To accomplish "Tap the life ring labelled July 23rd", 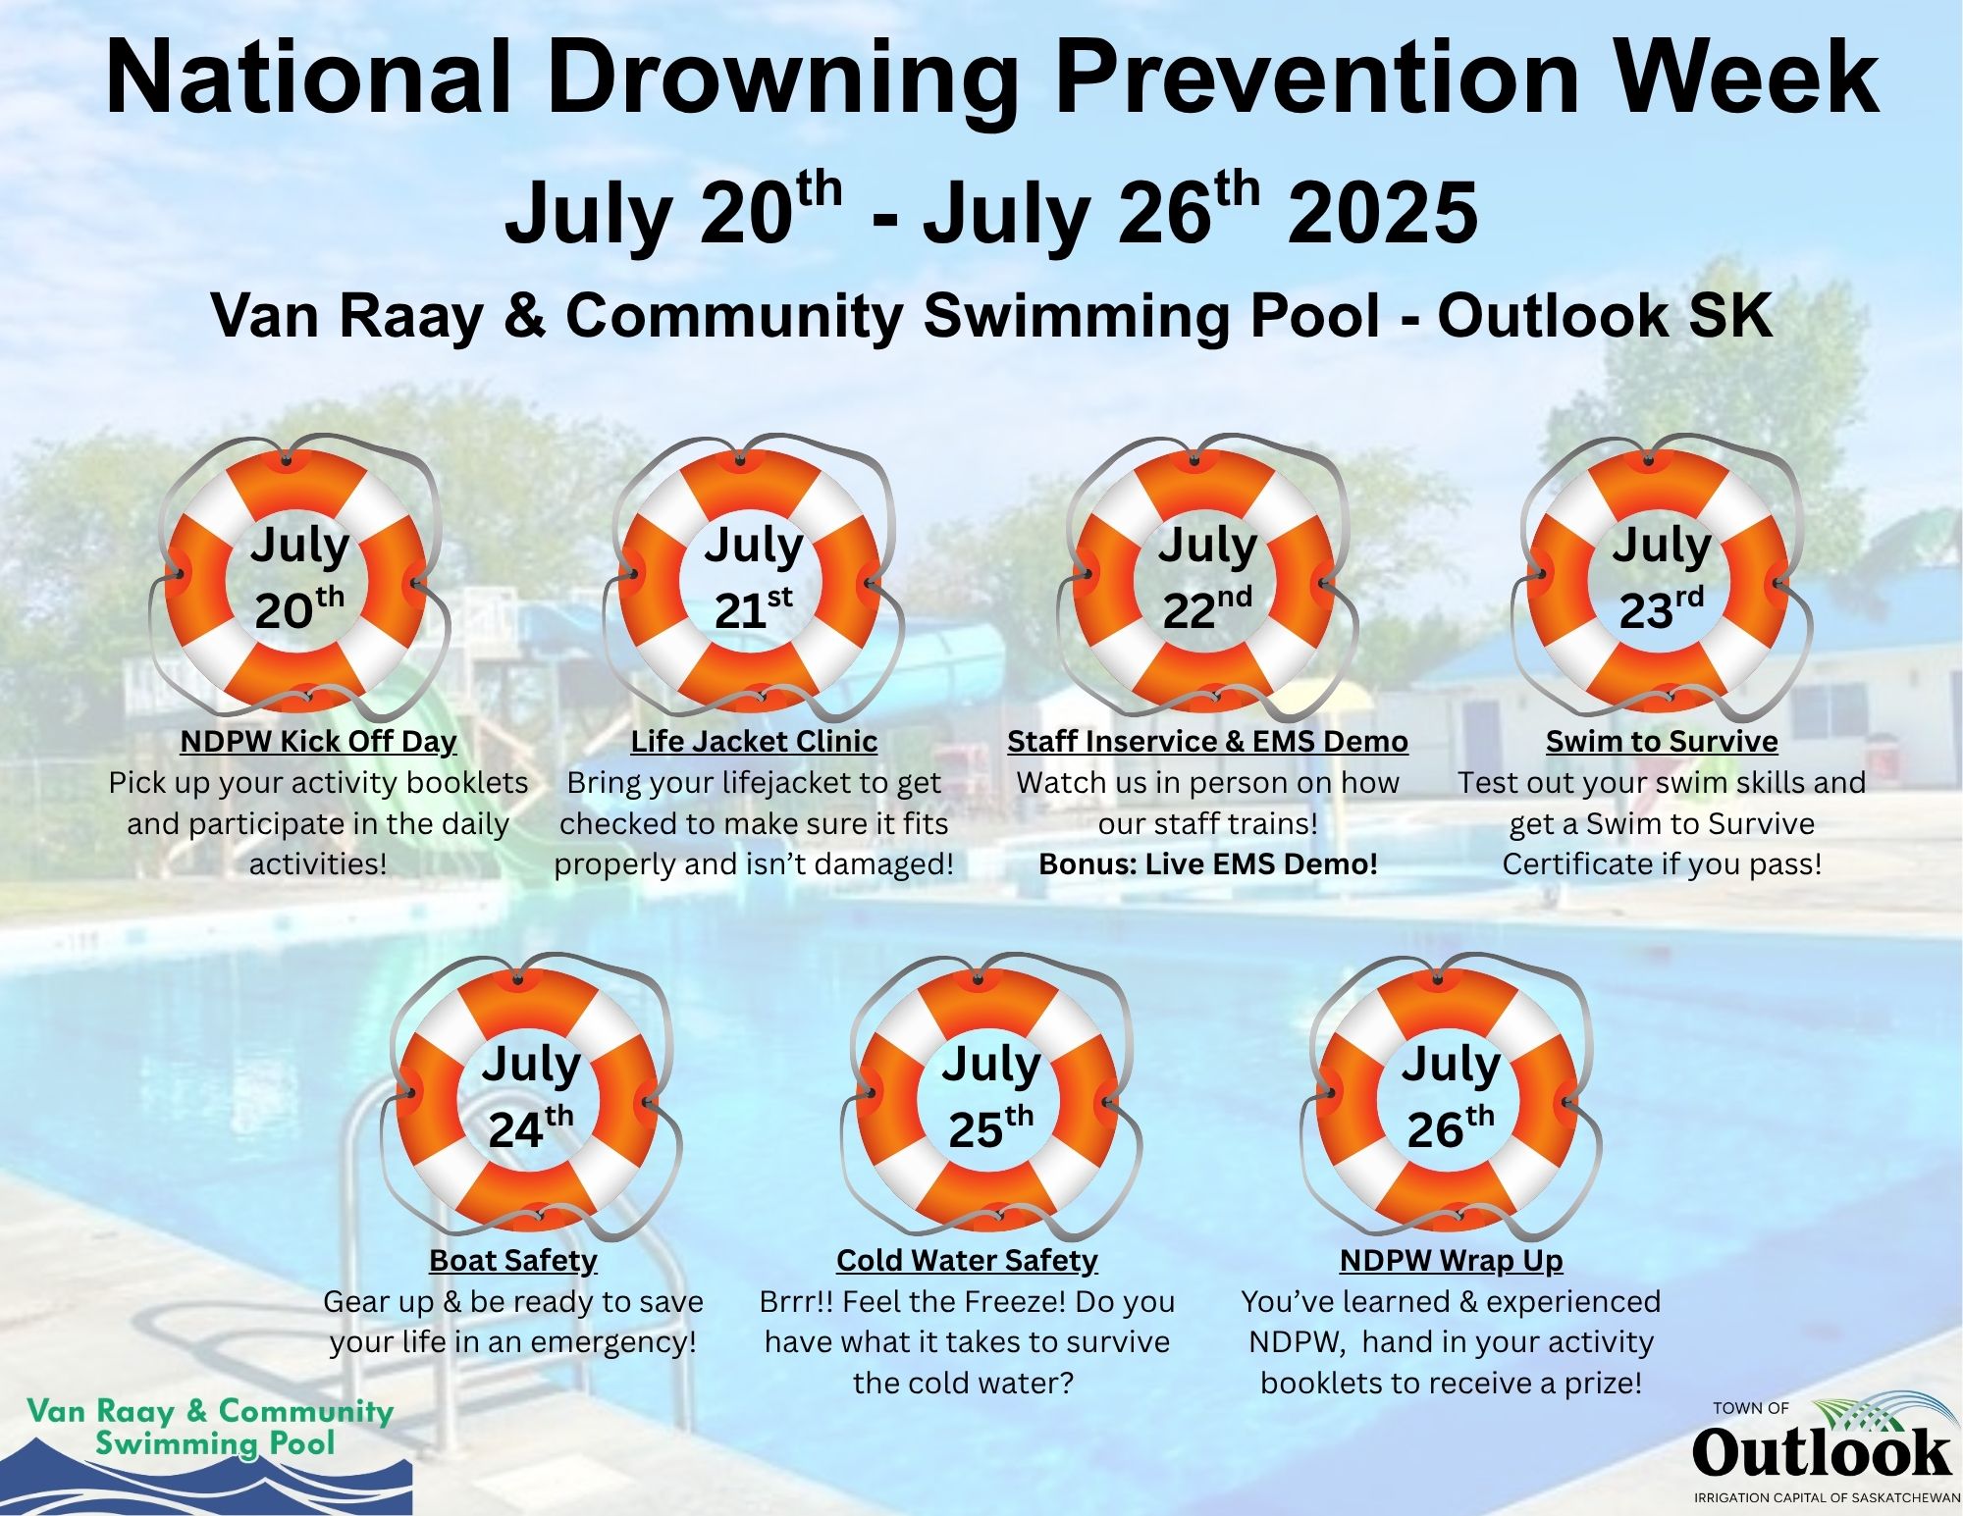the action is point(1549,579).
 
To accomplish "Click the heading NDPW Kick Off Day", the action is point(319,741).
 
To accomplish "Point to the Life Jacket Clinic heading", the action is point(754,741).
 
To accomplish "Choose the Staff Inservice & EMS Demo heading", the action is point(1207,741).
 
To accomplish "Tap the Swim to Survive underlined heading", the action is point(1662,741).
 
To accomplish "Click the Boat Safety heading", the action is point(513,1260).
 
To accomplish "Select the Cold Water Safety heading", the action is point(967,1260).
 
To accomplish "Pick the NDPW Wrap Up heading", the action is point(1451,1260).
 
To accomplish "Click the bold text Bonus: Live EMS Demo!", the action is point(1208,864).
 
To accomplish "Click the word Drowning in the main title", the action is point(782,78).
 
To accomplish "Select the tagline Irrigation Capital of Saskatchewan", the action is point(1827,1498).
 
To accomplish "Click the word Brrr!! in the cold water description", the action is point(796,1302).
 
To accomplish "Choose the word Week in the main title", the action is point(1736,78).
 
